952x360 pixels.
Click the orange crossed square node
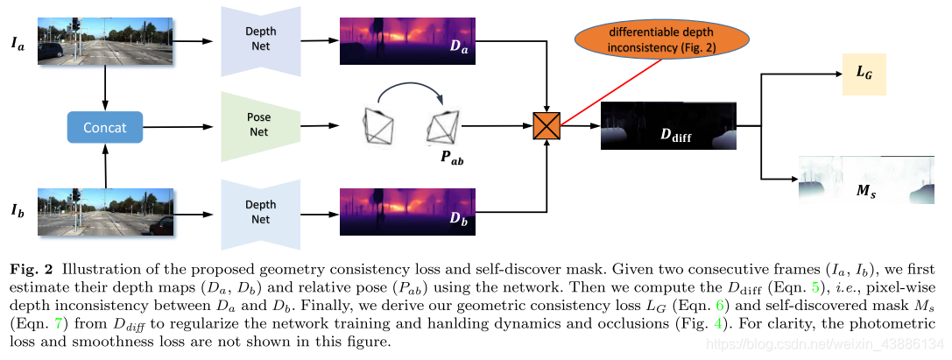(547, 127)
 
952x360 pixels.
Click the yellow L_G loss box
(864, 73)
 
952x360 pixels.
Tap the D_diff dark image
(669, 127)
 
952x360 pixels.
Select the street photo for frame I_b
(106, 213)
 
